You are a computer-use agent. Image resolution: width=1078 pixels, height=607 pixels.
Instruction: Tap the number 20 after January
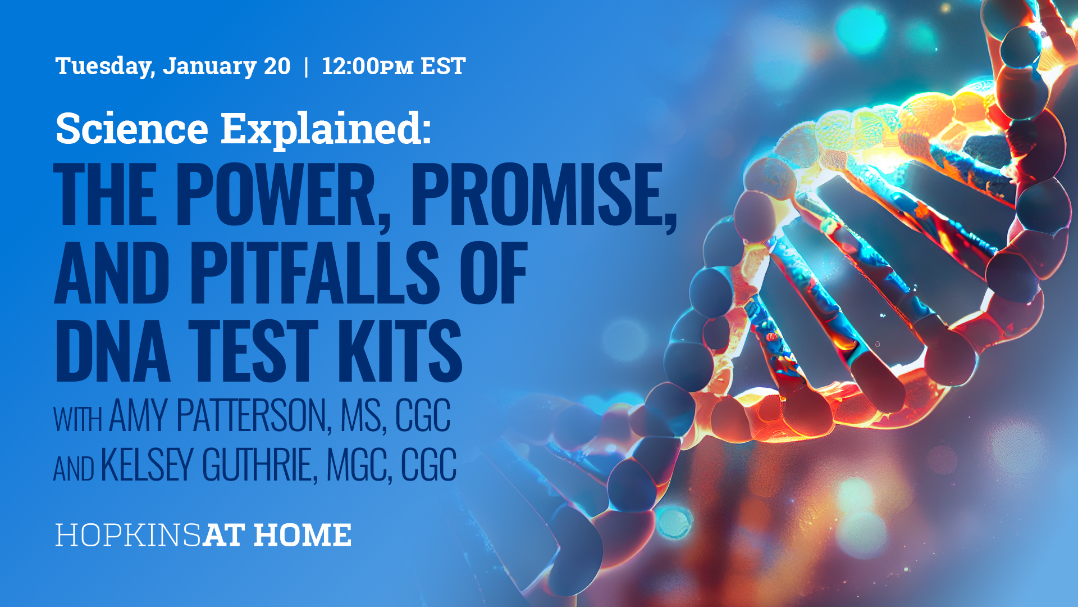[277, 66]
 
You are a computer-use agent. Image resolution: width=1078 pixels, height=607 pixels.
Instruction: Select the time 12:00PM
[367, 66]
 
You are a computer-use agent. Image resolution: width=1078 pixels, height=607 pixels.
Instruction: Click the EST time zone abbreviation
[443, 66]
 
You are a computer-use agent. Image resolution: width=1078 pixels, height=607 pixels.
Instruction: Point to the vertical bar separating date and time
[306, 66]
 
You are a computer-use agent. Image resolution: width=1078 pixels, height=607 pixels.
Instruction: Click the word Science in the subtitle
[132, 128]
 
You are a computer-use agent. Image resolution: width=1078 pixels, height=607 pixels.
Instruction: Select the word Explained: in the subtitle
[326, 128]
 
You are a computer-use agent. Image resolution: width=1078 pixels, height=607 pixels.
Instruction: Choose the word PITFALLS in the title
[314, 273]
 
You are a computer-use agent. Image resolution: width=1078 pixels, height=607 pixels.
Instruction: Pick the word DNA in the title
[112, 351]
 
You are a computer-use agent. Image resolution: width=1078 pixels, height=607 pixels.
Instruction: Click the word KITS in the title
[399, 351]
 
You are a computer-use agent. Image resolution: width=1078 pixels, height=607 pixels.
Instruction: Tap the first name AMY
[138, 416]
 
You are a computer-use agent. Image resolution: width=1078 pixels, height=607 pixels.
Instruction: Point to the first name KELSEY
[147, 465]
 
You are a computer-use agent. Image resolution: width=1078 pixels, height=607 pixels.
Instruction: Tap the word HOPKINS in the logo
[128, 535]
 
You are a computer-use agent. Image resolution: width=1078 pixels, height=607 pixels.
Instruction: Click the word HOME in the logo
[303, 535]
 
